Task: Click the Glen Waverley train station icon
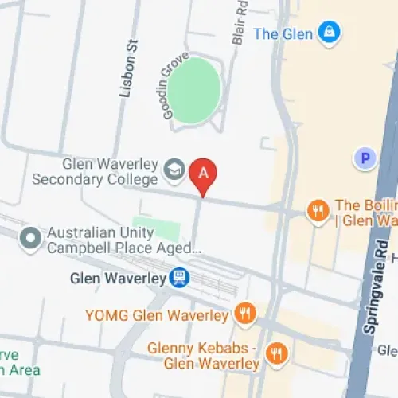[x=181, y=277]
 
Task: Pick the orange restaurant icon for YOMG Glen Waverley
[x=246, y=314]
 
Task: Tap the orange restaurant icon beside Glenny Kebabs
[x=277, y=352]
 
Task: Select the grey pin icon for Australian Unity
[x=31, y=237]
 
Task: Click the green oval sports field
[x=194, y=90]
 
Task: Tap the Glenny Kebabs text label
[x=204, y=356]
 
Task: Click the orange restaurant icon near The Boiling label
[x=318, y=211]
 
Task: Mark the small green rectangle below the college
[x=156, y=229]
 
